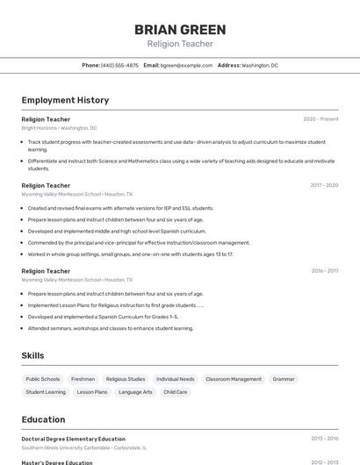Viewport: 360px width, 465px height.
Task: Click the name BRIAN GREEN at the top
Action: pyautogui.click(x=180, y=30)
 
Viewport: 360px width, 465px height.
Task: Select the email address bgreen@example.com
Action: pyautogui.click(x=187, y=65)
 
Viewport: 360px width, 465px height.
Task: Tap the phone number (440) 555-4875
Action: pyautogui.click(x=119, y=65)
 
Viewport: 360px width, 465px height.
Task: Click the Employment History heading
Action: pyautogui.click(x=65, y=101)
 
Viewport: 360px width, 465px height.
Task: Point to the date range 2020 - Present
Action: pyautogui.click(x=320, y=118)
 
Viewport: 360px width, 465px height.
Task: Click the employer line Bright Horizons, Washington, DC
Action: pyautogui.click(x=59, y=128)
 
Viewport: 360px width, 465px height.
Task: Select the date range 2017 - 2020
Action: pyautogui.click(x=324, y=185)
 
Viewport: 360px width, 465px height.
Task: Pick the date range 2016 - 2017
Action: pyautogui.click(x=324, y=271)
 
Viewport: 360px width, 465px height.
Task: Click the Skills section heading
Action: pyautogui.click(x=32, y=355)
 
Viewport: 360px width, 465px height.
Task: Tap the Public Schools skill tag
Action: pyautogui.click(x=43, y=379)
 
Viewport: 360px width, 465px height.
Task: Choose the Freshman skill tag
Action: pyautogui.click(x=83, y=379)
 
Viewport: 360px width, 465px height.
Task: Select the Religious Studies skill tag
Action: pyautogui.click(x=125, y=379)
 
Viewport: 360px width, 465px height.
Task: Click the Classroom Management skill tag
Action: pyautogui.click(x=234, y=379)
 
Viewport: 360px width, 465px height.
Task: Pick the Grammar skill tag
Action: pyautogui.click(x=284, y=379)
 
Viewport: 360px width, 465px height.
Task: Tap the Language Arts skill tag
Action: pyautogui.click(x=135, y=392)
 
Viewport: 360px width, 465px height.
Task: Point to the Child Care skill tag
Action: pyautogui.click(x=176, y=392)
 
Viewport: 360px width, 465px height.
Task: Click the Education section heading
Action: pyautogui.click(x=43, y=419)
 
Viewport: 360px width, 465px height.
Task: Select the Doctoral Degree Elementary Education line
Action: pyautogui.click(x=73, y=439)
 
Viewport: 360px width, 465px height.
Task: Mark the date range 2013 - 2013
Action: pyautogui.click(x=324, y=438)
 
